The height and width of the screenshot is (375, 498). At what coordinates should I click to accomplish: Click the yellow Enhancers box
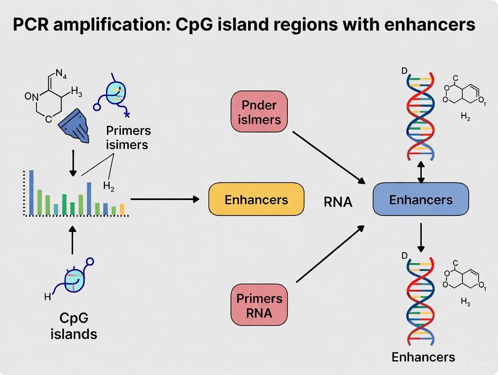pos(256,199)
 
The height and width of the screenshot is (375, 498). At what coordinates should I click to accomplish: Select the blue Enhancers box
pos(420,199)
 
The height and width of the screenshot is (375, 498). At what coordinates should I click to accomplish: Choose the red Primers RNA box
pos(259,305)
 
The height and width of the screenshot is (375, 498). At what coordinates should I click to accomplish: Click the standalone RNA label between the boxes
pos(338,202)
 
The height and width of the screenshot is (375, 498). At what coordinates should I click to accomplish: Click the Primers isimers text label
pos(128,138)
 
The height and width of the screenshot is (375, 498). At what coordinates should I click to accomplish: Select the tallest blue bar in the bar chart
pos(31,192)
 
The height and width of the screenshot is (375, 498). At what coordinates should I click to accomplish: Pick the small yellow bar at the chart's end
pos(122,209)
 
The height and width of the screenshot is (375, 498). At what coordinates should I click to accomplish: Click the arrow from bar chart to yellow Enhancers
pos(165,199)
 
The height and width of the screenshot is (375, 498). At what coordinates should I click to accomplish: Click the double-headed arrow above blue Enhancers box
pos(420,173)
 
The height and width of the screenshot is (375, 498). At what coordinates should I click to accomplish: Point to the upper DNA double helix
pos(420,116)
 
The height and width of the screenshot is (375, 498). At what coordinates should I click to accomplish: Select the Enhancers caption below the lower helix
pos(423,357)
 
